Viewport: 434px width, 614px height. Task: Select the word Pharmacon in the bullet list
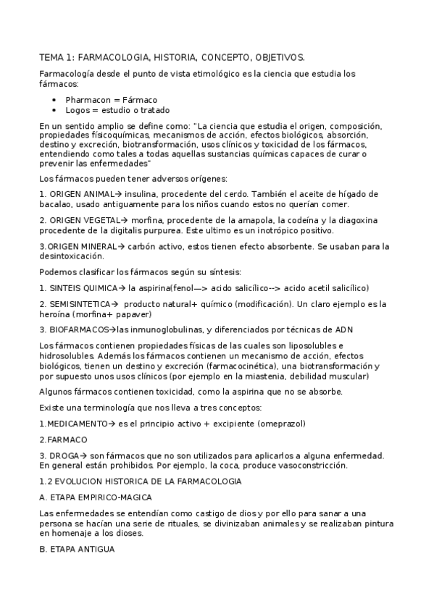coord(88,100)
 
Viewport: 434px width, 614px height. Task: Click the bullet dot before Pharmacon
coord(54,100)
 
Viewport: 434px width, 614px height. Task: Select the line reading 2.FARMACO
coord(63,440)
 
